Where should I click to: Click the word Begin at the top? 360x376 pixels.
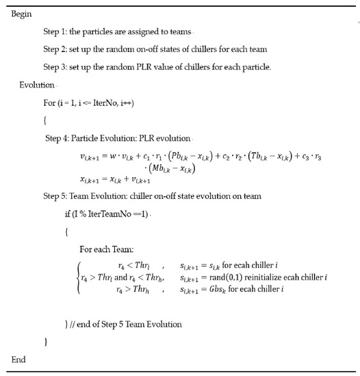point(23,14)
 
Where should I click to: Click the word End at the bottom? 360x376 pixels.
point(19,360)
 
